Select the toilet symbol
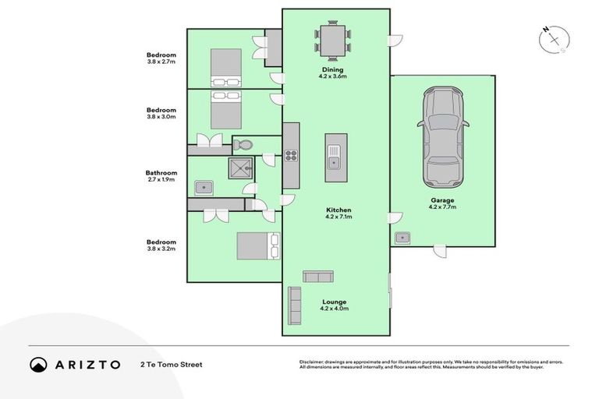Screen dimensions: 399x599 (x=243, y=144)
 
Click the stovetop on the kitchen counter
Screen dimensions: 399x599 (x=291, y=154)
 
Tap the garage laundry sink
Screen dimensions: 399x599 (x=402, y=237)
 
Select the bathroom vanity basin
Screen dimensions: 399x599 (x=204, y=187)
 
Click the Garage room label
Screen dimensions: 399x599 (x=441, y=200)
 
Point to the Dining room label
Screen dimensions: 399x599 (x=332, y=70)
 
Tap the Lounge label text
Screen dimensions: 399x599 (x=333, y=302)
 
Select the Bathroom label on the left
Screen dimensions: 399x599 (x=161, y=173)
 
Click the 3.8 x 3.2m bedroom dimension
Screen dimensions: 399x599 (x=161, y=249)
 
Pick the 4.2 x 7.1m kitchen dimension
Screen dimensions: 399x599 (x=338, y=217)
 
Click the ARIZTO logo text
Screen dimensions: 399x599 (x=87, y=364)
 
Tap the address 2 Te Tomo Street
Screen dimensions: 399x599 (x=171, y=364)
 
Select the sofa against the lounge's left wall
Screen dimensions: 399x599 (x=295, y=305)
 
